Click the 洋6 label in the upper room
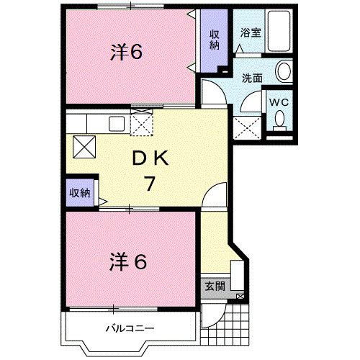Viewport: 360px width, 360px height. (x=125, y=52)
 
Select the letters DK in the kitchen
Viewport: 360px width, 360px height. (x=149, y=160)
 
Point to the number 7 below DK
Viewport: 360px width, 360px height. (x=149, y=184)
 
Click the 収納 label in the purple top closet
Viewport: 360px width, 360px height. (x=215, y=40)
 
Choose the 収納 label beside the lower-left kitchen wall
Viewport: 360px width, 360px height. (x=80, y=192)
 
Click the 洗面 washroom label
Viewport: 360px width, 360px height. (x=251, y=78)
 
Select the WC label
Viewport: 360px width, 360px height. (x=278, y=102)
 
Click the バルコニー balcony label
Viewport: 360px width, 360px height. (x=130, y=328)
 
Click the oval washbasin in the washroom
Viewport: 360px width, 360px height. (x=284, y=71)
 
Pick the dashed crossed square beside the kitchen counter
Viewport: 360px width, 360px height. (x=142, y=123)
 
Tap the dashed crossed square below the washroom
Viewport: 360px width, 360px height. (x=246, y=128)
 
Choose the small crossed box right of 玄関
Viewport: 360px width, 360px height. (x=240, y=296)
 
